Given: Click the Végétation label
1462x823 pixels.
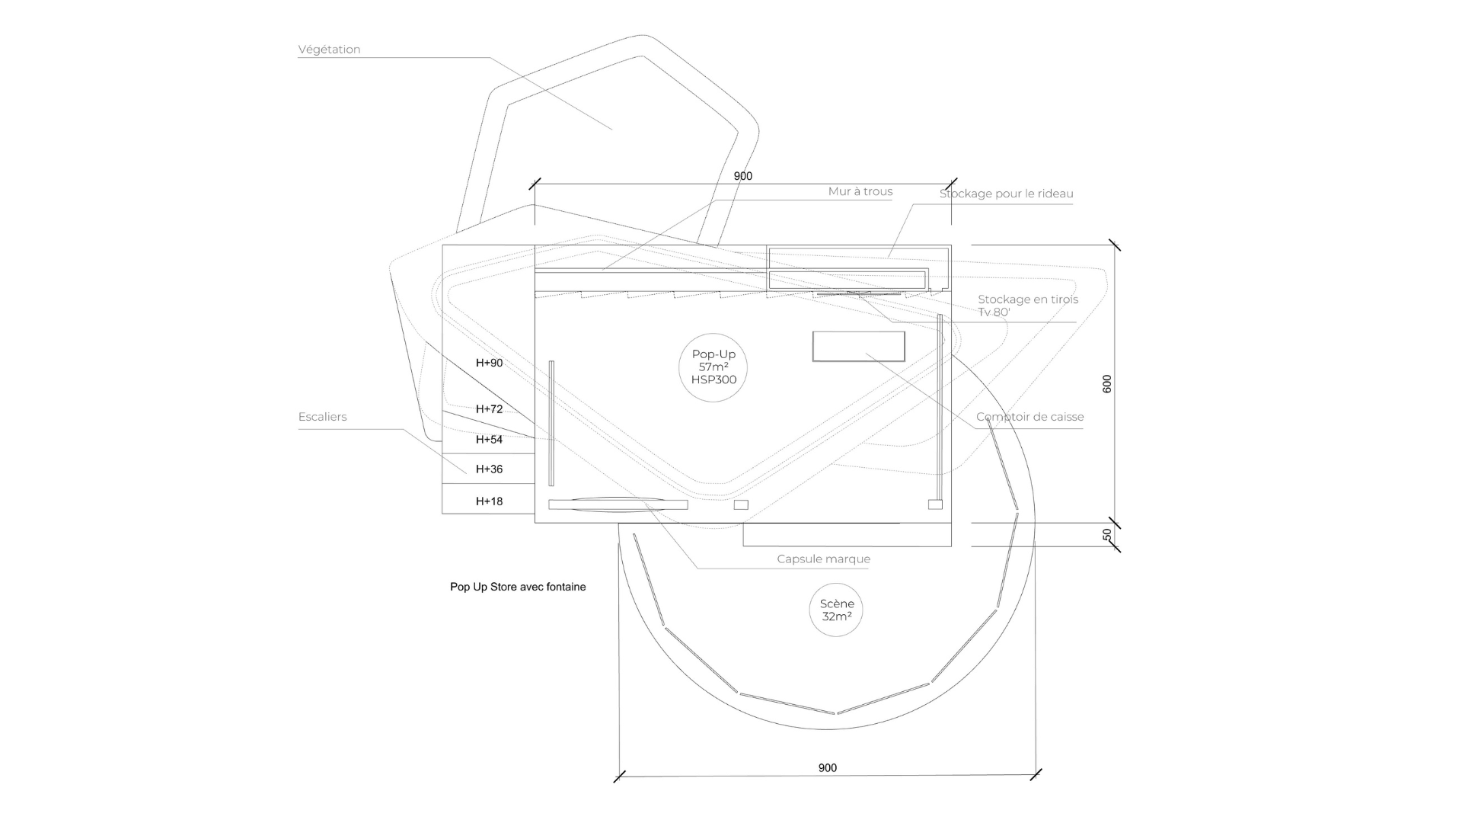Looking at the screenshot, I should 329,50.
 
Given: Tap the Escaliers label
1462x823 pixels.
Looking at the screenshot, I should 322,417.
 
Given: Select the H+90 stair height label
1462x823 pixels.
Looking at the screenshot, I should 489,363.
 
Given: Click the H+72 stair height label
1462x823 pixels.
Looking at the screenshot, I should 489,409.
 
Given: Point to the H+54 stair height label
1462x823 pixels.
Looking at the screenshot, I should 489,440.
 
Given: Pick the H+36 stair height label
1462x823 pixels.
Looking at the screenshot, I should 489,469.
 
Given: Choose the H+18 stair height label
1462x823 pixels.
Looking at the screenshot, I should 489,501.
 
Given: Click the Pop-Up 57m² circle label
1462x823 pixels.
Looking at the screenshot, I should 713,367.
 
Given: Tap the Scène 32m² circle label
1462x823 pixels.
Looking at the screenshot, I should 836,610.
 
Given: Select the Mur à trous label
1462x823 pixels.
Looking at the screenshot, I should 860,191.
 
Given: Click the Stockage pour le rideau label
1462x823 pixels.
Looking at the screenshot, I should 1006,194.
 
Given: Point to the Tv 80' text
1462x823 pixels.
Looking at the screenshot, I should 994,312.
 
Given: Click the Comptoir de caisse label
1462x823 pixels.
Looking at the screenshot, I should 1029,417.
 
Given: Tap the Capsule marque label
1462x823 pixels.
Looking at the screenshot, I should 823,559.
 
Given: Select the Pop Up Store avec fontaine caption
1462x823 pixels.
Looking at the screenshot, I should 518,587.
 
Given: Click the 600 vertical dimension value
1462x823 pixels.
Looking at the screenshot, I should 1107,384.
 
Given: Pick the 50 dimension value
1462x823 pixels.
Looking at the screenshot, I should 1107,535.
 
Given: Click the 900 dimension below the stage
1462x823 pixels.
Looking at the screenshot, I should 828,767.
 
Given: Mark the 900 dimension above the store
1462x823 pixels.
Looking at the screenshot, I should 742,176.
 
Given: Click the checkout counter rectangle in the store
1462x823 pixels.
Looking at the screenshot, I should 858,346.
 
